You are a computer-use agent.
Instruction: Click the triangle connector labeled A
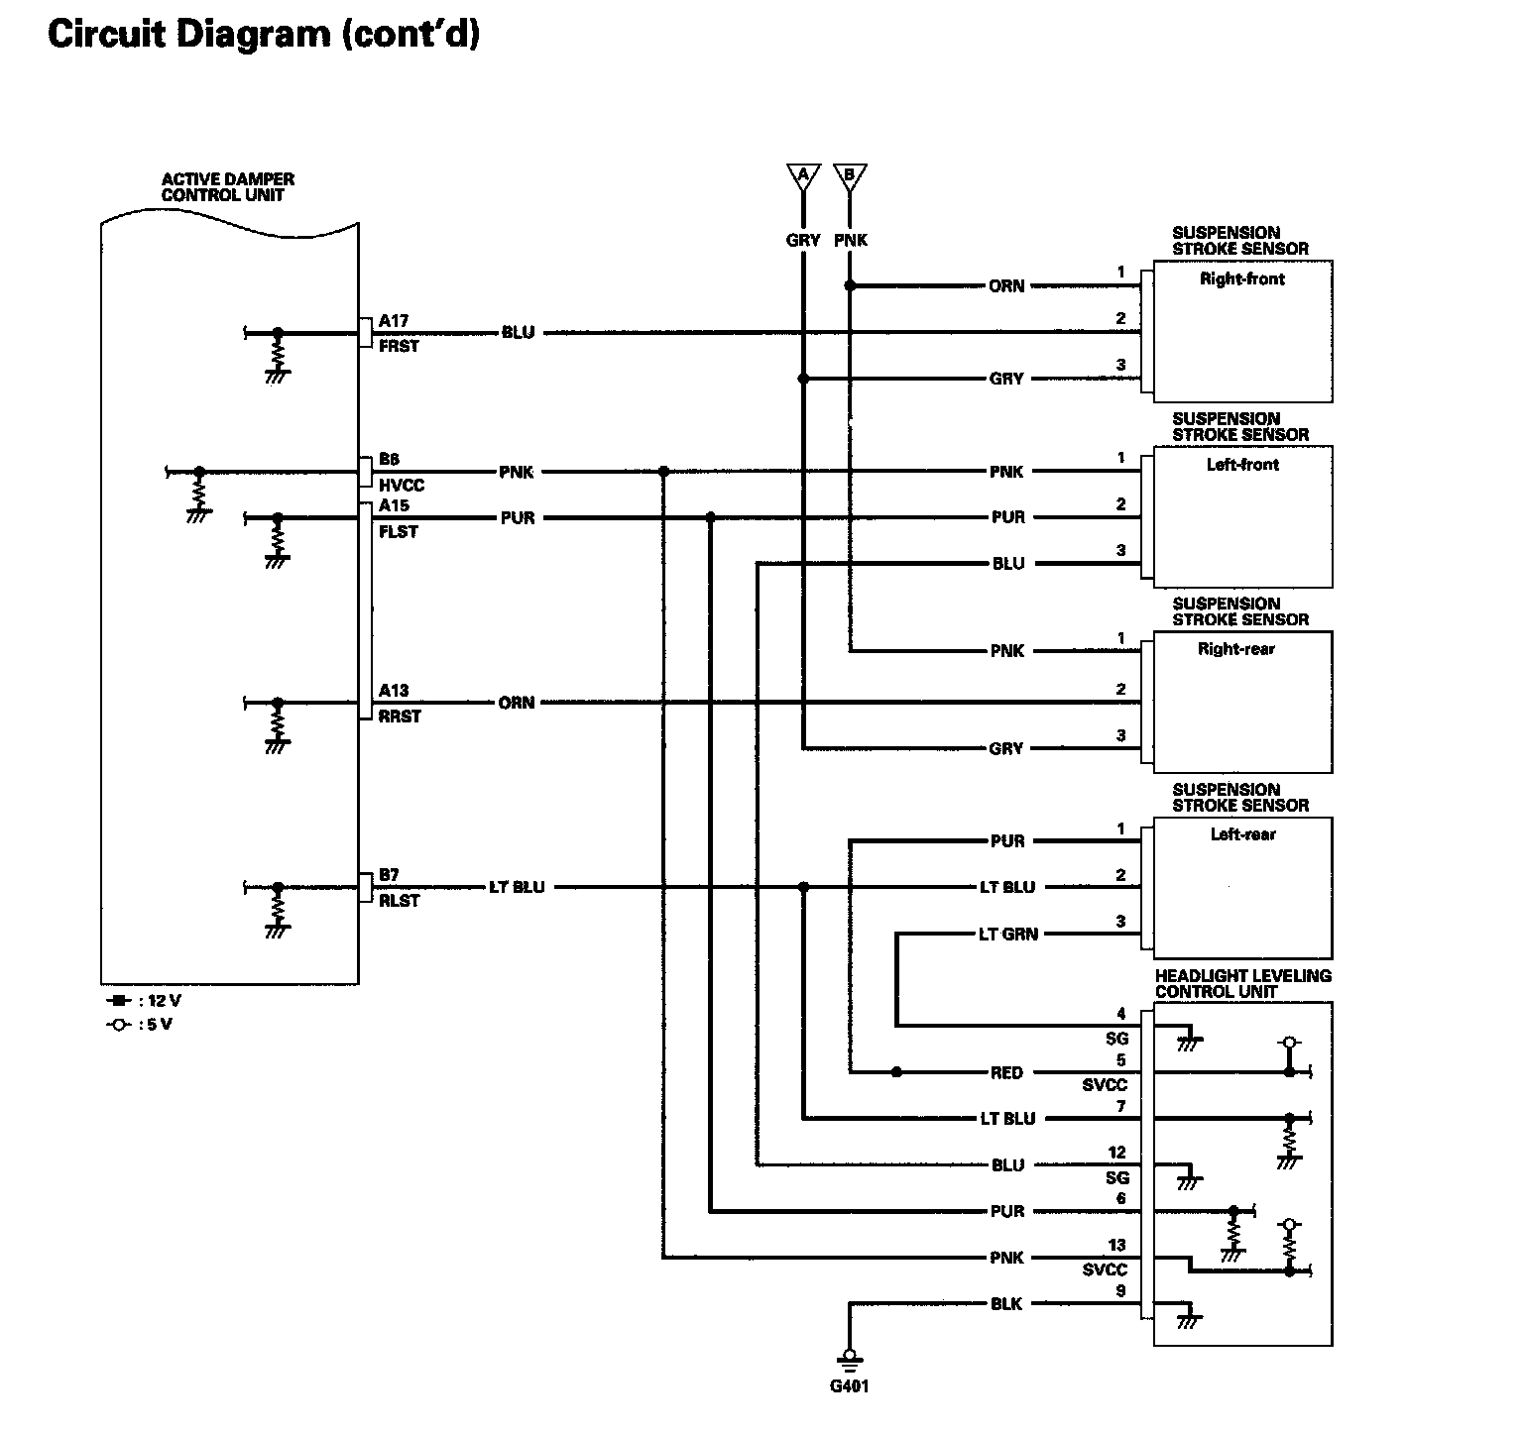pyautogui.click(x=803, y=177)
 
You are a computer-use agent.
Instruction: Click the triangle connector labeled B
pyautogui.click(x=850, y=177)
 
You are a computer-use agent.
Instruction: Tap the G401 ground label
pyautogui.click(x=850, y=1385)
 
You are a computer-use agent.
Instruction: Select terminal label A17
pyautogui.click(x=394, y=321)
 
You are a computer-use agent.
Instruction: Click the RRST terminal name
pyautogui.click(x=400, y=717)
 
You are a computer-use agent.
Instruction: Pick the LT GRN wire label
pyautogui.click(x=1008, y=934)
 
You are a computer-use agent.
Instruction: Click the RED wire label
pyautogui.click(x=1006, y=1072)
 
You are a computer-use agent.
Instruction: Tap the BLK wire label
pyautogui.click(x=1006, y=1304)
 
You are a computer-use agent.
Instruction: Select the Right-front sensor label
pyautogui.click(x=1242, y=279)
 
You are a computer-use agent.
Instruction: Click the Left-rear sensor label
pyautogui.click(x=1243, y=834)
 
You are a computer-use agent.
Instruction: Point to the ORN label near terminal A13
pyautogui.click(x=517, y=703)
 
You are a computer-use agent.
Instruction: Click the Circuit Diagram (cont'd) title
pyautogui.click(x=264, y=35)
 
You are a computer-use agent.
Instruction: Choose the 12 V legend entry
pyautogui.click(x=144, y=1001)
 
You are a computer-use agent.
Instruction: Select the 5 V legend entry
pyautogui.click(x=139, y=1025)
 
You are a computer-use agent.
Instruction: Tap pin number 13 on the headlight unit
pyautogui.click(x=1117, y=1246)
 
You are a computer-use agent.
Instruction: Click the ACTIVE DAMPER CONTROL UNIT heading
pyautogui.click(x=228, y=187)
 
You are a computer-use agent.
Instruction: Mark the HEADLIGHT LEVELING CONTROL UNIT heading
pyautogui.click(x=1243, y=984)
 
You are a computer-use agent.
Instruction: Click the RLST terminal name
pyautogui.click(x=400, y=901)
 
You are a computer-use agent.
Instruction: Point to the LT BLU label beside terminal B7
pyautogui.click(x=517, y=887)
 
